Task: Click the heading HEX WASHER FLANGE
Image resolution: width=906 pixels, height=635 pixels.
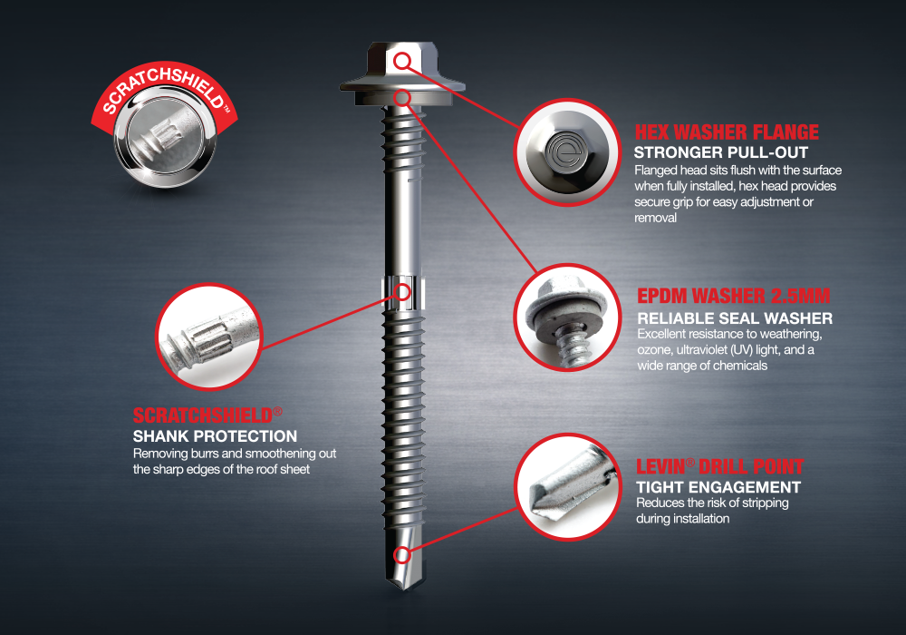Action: pyautogui.click(x=727, y=132)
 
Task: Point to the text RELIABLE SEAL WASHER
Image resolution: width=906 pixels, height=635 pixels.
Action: pyautogui.click(x=735, y=318)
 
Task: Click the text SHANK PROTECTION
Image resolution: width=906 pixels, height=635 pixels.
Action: pyautogui.click(x=215, y=437)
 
